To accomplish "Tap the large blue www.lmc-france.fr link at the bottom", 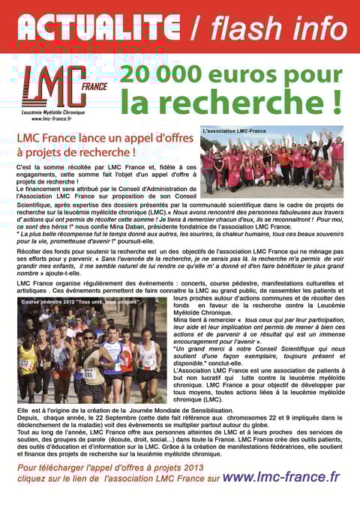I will [281, 477].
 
